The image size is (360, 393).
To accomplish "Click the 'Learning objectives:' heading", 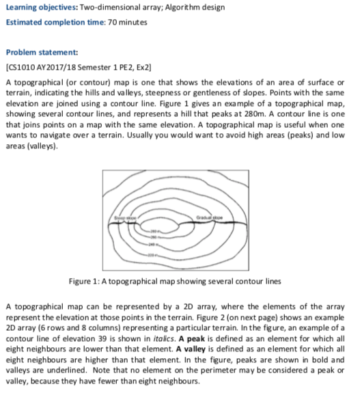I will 34,8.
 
